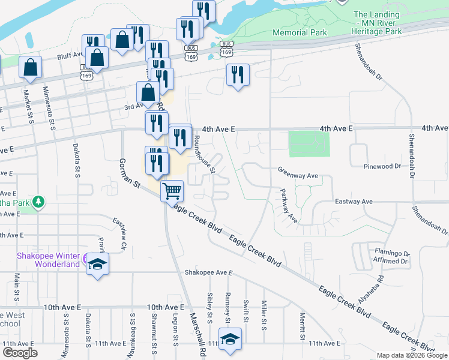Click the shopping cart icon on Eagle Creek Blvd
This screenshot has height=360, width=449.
(172, 191)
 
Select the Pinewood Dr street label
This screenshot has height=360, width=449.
(389, 166)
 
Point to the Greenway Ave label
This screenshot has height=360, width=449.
(297, 170)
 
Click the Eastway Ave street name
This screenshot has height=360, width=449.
(354, 202)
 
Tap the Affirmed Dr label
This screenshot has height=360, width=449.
(391, 262)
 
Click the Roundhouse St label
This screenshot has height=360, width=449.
(205, 153)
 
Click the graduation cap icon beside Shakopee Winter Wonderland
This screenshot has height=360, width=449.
(97, 265)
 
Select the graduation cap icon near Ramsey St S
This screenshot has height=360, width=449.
(230, 339)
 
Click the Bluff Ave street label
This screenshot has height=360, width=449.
(70, 55)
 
